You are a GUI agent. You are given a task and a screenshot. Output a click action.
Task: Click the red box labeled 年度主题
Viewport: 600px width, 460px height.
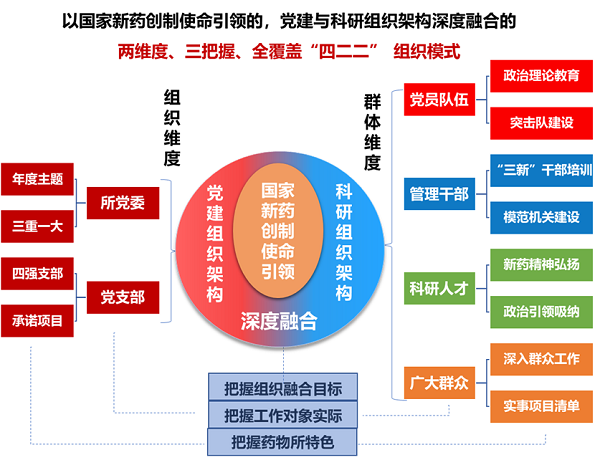point(37,180)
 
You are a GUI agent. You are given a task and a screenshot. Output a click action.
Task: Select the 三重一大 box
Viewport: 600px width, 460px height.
point(37,226)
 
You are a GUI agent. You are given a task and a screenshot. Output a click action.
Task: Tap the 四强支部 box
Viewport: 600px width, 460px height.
point(37,273)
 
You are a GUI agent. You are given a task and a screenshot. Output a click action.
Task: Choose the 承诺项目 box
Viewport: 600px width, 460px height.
point(37,320)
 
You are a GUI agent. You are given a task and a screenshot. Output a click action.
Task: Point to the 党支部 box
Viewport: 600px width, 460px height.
point(122,296)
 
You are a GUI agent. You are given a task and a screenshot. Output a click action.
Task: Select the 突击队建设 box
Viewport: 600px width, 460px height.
point(541,122)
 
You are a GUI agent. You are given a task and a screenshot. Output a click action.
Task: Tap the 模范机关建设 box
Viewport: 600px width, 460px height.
point(541,216)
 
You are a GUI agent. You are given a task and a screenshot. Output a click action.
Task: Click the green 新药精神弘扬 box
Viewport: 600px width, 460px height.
point(541,264)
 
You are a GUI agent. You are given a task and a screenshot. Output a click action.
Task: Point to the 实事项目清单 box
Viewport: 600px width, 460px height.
point(541,404)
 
